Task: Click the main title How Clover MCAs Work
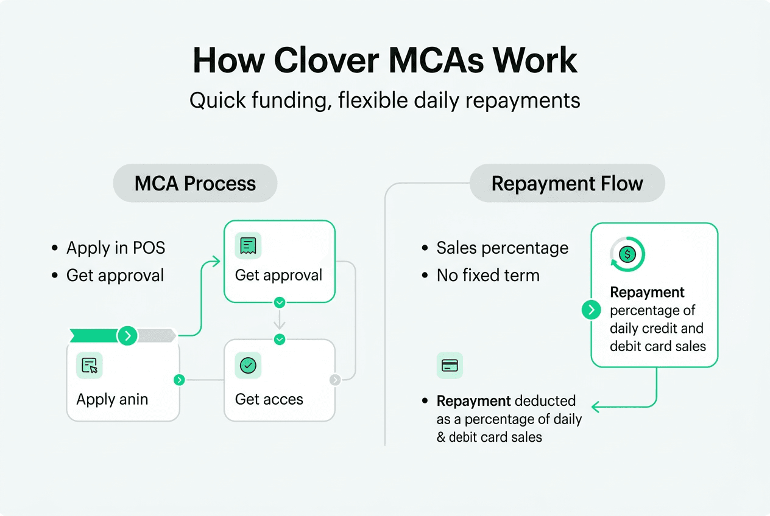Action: click(385, 61)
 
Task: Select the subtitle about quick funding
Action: click(385, 100)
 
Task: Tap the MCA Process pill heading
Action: click(195, 183)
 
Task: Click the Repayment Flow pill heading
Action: click(567, 183)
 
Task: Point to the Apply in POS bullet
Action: click(116, 248)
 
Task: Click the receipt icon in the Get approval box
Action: click(248, 245)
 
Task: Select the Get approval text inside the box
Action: click(278, 275)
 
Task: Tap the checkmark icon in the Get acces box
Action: click(248, 365)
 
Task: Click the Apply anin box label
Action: click(112, 399)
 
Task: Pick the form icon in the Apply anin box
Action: click(90, 365)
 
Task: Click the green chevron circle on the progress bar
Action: click(127, 335)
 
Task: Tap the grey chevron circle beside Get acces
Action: click(335, 380)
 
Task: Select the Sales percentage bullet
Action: click(502, 248)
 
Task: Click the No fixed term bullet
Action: click(488, 275)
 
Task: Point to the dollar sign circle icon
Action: click(627, 254)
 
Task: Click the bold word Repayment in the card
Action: click(647, 292)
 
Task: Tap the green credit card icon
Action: click(450, 365)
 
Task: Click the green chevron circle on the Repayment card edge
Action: click(591, 310)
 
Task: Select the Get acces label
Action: click(269, 399)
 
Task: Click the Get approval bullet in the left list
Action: click(115, 275)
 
